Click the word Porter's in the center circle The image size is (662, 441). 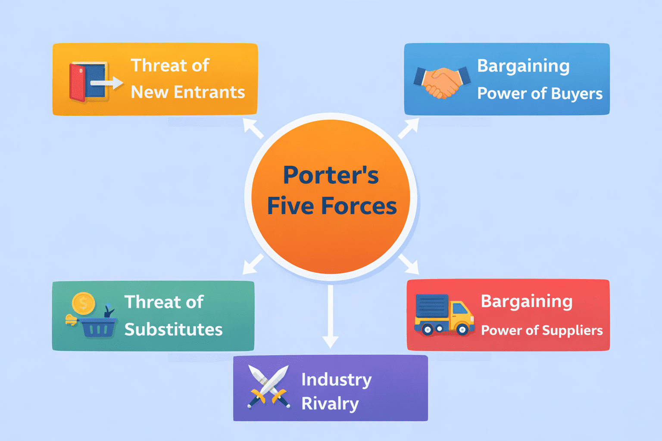click(x=331, y=175)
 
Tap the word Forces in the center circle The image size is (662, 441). click(x=359, y=206)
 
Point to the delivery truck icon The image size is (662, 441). click(x=444, y=315)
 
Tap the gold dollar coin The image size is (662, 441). click(x=84, y=303)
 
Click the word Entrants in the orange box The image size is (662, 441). click(x=209, y=92)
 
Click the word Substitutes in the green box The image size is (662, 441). click(x=174, y=329)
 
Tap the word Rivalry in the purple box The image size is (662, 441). click(x=330, y=404)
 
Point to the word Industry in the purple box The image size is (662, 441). click(x=336, y=379)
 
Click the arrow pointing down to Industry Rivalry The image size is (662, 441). click(x=331, y=317)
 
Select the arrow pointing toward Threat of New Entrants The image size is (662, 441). click(x=253, y=128)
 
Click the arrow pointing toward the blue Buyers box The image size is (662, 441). click(x=409, y=128)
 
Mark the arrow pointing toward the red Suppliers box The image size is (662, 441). click(x=409, y=264)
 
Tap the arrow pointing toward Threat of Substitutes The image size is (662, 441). click(x=253, y=264)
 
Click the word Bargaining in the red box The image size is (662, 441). click(x=527, y=302)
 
